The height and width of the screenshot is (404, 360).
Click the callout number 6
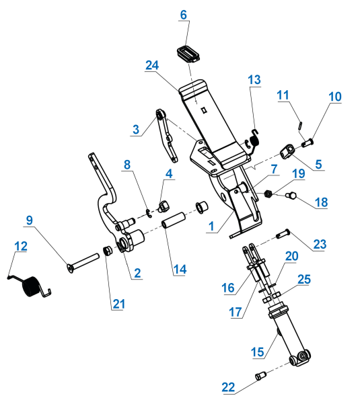click(x=183, y=15)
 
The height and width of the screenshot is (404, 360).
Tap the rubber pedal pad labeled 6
click(x=188, y=53)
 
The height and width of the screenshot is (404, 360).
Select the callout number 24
click(x=152, y=65)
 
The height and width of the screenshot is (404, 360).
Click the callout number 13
click(x=254, y=80)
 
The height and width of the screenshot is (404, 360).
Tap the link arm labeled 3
click(x=166, y=135)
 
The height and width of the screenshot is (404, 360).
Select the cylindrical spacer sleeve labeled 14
click(x=174, y=221)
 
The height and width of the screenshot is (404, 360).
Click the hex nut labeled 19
click(x=268, y=194)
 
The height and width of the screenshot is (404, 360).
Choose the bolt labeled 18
click(x=291, y=196)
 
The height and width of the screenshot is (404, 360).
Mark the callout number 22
click(x=229, y=387)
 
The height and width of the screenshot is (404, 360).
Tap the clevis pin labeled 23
click(x=283, y=233)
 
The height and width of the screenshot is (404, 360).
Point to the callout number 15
click(x=258, y=352)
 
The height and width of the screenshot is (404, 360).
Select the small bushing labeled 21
click(x=107, y=251)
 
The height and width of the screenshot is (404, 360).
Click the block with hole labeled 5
click(x=287, y=151)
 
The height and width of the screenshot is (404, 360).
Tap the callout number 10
click(x=334, y=97)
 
